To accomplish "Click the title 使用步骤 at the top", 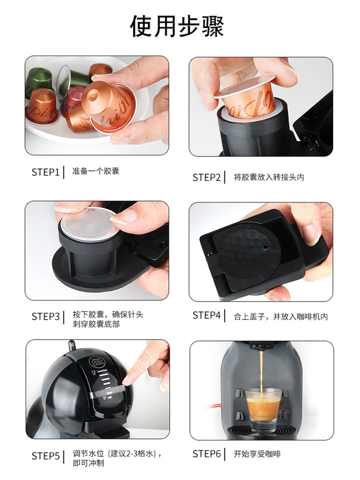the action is (x=177, y=26).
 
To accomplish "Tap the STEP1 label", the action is (x=45, y=172).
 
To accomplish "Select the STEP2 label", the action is (x=206, y=177).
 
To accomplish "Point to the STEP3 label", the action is (x=45, y=316).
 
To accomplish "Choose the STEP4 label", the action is (x=206, y=315).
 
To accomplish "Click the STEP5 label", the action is (x=45, y=456).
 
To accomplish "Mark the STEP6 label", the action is (x=206, y=453).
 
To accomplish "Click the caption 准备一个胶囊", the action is (x=95, y=171).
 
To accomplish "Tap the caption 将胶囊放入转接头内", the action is (x=269, y=177).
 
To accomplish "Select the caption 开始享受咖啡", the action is (x=257, y=453).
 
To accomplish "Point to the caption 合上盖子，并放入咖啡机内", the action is (x=280, y=316).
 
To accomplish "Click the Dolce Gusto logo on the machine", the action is (x=96, y=363).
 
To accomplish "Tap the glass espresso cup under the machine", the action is (x=262, y=410).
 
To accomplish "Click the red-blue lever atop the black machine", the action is (x=71, y=346).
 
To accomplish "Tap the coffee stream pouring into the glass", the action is (x=261, y=370).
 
